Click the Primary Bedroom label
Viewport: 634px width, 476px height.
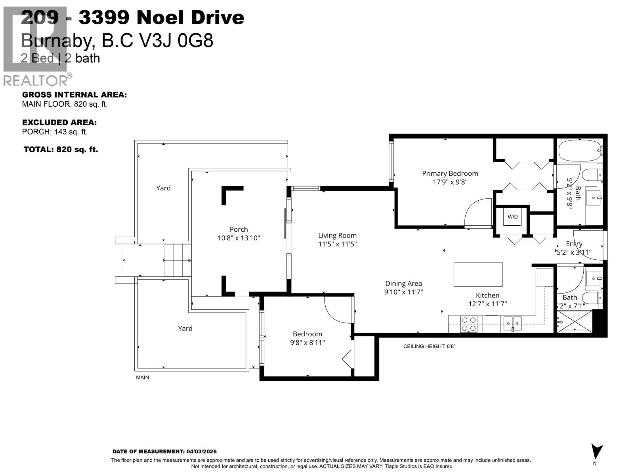point(450,173)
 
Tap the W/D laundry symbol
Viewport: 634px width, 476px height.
point(512,217)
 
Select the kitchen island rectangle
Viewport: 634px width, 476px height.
point(478,274)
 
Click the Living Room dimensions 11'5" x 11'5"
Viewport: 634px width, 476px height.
point(337,244)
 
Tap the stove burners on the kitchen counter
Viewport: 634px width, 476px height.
point(469,324)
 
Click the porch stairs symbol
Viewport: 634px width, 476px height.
point(178,260)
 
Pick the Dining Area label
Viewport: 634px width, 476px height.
point(403,284)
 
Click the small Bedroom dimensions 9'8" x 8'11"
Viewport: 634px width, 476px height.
point(307,342)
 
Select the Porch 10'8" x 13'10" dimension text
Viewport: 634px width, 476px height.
point(239,238)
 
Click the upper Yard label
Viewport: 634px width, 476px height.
point(163,188)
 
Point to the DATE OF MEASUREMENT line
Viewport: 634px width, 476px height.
point(164,451)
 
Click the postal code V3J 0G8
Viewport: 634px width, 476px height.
point(185,41)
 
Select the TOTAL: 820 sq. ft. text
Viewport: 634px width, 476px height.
point(61,150)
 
